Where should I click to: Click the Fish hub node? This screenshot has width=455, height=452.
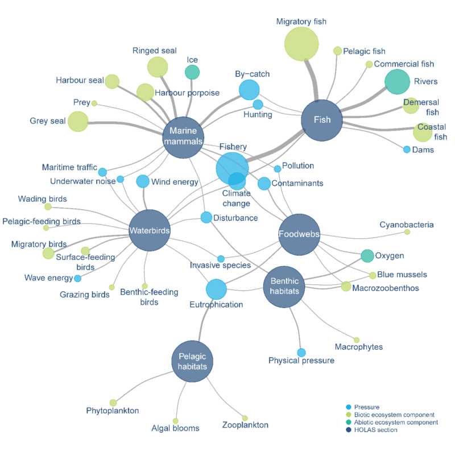coord(322,120)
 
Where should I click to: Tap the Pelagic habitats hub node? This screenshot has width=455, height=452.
coord(192,360)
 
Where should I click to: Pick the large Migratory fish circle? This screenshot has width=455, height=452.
coord(301,44)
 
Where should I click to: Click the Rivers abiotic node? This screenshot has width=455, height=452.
coord(397,81)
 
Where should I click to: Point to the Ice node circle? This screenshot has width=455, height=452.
coord(192,72)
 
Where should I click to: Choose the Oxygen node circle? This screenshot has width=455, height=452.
coord(367,256)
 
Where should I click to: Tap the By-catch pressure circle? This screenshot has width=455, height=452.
coord(249,90)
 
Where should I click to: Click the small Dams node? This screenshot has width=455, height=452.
coord(407,150)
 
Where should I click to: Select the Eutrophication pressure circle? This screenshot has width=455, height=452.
coord(216,289)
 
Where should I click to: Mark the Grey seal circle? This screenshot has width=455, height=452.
coord(78,121)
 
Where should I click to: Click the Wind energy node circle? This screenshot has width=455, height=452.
coord(143,181)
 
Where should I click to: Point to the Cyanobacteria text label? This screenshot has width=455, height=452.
coord(407,225)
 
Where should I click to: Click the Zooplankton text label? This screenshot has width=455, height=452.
coord(245,425)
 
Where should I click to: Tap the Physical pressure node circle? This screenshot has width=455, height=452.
coord(301,353)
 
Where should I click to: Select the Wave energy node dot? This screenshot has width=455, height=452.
coord(77,278)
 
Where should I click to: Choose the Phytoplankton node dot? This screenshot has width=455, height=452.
coord(113,403)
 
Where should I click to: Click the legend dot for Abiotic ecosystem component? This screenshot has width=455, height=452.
coord(348,422)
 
